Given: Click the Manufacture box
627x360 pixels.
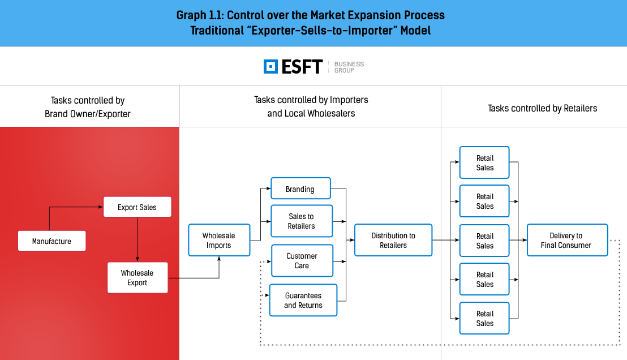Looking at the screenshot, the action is (x=51, y=241).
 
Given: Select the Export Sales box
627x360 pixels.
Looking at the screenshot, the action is (x=137, y=207).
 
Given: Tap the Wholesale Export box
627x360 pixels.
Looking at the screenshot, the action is (x=138, y=277).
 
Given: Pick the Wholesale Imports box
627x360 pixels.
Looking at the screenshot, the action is (x=219, y=240).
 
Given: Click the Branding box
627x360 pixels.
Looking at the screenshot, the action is (x=300, y=188).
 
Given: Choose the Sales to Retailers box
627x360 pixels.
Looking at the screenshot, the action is (x=302, y=221).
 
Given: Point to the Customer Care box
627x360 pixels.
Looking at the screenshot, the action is (x=302, y=260).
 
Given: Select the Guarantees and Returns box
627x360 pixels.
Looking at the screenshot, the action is (x=303, y=300).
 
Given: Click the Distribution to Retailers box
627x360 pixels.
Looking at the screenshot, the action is (x=393, y=240).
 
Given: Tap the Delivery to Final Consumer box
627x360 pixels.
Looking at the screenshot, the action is (x=568, y=240).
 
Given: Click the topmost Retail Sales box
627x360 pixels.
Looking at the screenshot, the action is (x=484, y=162).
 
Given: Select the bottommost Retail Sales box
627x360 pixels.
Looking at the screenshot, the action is (x=484, y=318).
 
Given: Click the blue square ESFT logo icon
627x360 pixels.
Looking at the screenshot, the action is (x=270, y=66).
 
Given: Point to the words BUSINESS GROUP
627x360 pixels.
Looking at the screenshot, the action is (x=349, y=67).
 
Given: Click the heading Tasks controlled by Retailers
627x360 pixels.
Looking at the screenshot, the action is (x=542, y=109).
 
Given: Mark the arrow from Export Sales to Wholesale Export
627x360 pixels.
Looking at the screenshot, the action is (x=137, y=239).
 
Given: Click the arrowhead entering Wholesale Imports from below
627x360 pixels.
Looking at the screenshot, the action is (x=219, y=259).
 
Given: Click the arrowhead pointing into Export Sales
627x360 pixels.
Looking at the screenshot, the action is (x=101, y=207).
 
